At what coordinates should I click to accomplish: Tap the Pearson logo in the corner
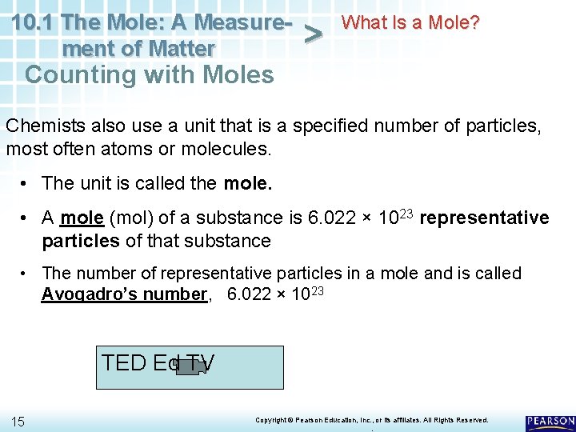(550, 422)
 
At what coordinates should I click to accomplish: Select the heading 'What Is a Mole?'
(410, 22)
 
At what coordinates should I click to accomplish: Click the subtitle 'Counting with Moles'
(150, 74)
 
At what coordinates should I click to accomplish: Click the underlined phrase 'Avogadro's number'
(124, 294)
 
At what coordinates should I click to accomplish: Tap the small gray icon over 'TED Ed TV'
(189, 367)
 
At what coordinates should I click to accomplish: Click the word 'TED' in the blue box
(123, 362)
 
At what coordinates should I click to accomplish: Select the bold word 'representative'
(484, 218)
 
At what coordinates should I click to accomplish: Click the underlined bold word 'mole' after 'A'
(82, 218)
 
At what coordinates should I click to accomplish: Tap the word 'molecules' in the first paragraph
(231, 149)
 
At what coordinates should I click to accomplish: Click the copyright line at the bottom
(371, 420)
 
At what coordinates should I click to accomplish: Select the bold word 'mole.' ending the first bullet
(248, 183)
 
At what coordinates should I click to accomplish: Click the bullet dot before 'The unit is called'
(26, 183)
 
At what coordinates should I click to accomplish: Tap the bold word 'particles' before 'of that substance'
(79, 241)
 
